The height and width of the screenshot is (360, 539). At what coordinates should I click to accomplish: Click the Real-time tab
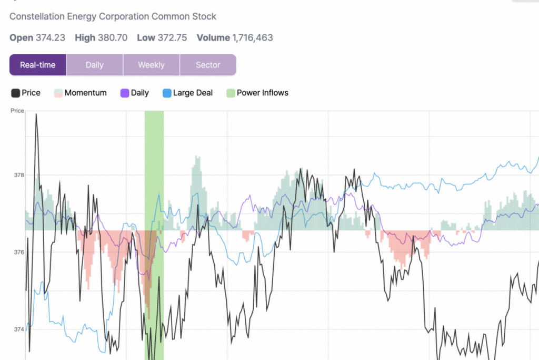coord(38,65)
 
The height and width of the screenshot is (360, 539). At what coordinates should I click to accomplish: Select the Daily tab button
coord(95,65)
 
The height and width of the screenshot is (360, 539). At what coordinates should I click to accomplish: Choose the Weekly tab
coord(151,65)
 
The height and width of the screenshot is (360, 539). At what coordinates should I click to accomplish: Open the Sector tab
coord(208,65)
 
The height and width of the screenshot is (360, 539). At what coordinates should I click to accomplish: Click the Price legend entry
coord(26,93)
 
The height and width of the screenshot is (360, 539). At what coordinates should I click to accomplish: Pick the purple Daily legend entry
coord(135,93)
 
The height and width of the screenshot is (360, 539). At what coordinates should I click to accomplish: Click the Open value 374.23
coord(50,38)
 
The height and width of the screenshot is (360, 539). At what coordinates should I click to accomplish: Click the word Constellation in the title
coord(37,16)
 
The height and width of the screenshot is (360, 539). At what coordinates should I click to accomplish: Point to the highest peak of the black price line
coord(36,114)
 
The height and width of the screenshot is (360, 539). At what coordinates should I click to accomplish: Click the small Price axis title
coord(17,111)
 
